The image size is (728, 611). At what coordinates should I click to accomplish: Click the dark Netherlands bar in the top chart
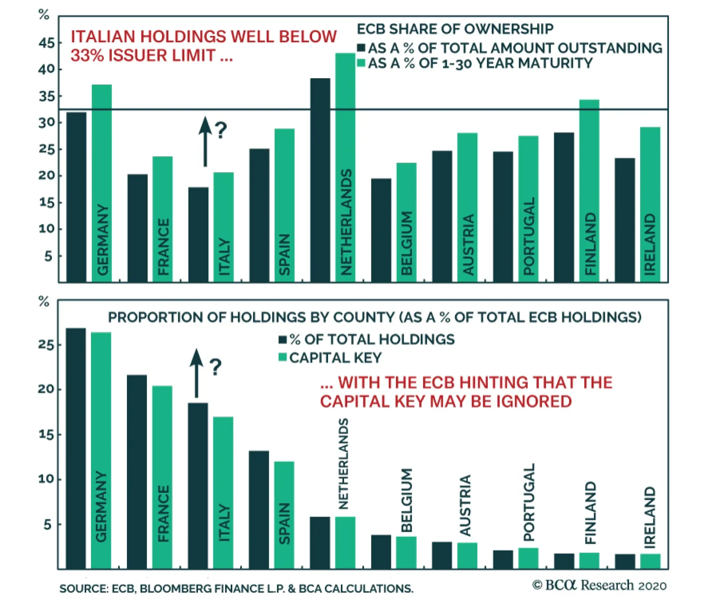320,180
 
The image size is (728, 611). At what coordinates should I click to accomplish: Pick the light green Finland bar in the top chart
589,190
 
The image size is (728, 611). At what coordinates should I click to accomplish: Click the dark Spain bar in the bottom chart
259,510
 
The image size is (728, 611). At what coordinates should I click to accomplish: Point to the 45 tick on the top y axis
46,44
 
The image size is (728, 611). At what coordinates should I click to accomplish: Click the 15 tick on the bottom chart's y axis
46,435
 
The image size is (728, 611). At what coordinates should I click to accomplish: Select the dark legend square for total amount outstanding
362,48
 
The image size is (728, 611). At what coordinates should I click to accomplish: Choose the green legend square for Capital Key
283,357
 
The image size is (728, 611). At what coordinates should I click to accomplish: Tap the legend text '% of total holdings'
372,339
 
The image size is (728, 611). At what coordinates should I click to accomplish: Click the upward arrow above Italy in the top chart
205,141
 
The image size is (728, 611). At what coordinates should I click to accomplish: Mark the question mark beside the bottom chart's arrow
215,366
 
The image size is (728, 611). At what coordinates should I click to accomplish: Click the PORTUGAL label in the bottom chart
529,502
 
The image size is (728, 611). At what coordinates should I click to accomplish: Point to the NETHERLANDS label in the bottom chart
344,464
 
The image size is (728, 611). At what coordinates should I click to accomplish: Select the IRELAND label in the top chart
650,244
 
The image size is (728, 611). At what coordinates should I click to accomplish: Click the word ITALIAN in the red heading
103,37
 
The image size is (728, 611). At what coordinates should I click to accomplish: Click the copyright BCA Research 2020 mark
599,585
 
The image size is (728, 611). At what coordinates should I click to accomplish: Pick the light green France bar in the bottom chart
162,477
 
